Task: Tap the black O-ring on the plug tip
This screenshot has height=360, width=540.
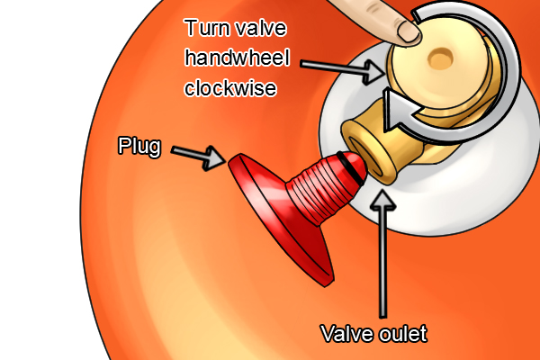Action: (x=354, y=166)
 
